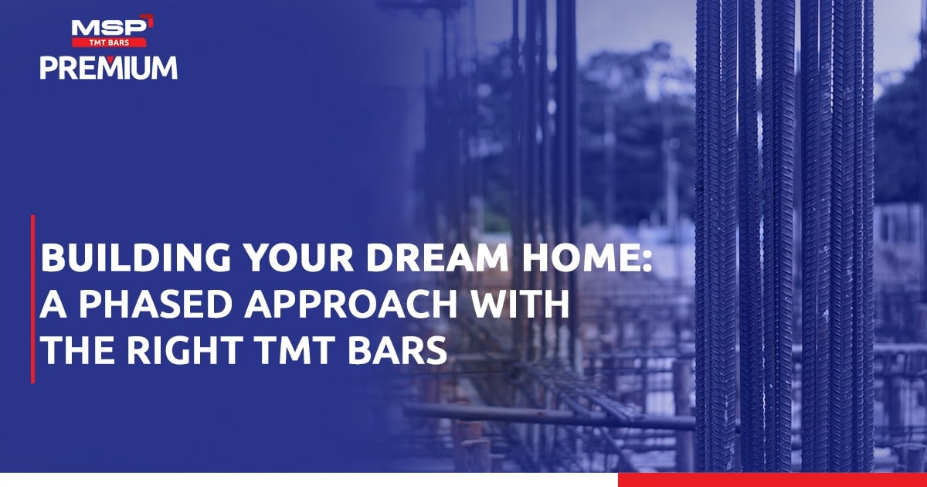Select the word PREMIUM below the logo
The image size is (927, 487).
pyautogui.click(x=109, y=67)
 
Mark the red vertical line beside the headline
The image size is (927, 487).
pyautogui.click(x=32, y=298)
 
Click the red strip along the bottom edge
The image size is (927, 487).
pyautogui.click(x=772, y=480)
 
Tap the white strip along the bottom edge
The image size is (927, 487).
pyautogui.click(x=309, y=480)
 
